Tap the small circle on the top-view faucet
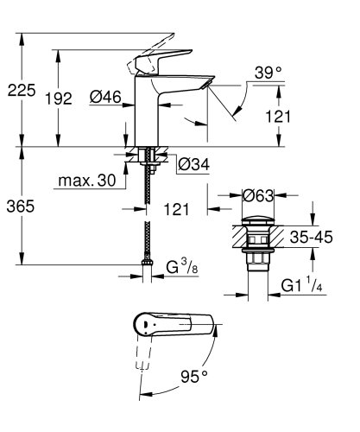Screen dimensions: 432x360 pos(143,327)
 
